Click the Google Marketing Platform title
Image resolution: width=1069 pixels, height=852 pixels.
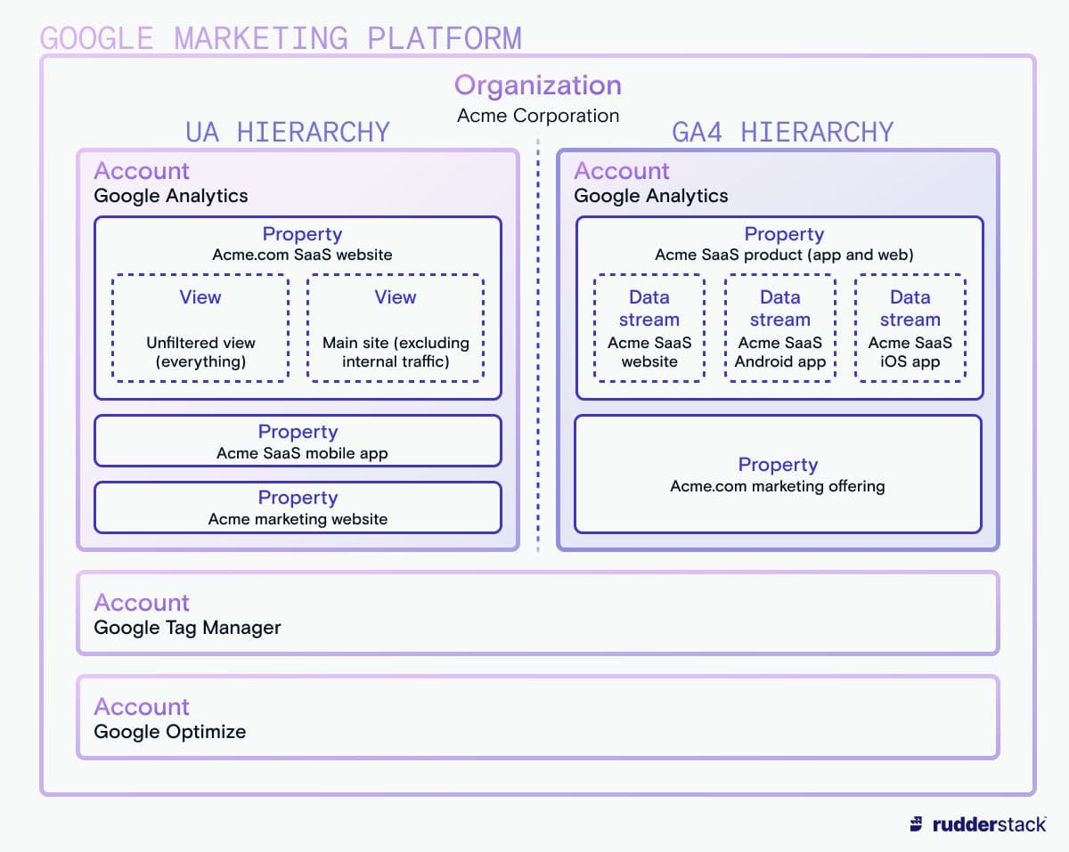pyautogui.click(x=281, y=38)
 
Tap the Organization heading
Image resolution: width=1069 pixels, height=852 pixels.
pyautogui.click(x=538, y=85)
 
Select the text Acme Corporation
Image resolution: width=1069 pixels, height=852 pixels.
pyautogui.click(x=538, y=116)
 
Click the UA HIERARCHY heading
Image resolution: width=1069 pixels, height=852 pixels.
pyautogui.click(x=288, y=132)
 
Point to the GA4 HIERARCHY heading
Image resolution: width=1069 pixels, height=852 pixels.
pyautogui.click(x=783, y=132)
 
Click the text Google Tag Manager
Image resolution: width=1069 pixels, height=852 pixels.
pyautogui.click(x=187, y=628)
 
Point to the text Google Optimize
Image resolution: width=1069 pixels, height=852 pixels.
pyautogui.click(x=170, y=731)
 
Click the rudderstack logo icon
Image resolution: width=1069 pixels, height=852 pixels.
pyautogui.click(x=917, y=824)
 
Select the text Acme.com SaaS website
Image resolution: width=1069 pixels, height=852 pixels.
pyautogui.click(x=302, y=255)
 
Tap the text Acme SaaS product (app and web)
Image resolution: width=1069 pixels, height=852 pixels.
pyautogui.click(x=784, y=255)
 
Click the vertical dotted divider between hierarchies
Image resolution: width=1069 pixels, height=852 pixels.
pyautogui.click(x=538, y=346)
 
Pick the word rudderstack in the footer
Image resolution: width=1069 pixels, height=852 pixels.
pyautogui.click(x=989, y=824)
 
